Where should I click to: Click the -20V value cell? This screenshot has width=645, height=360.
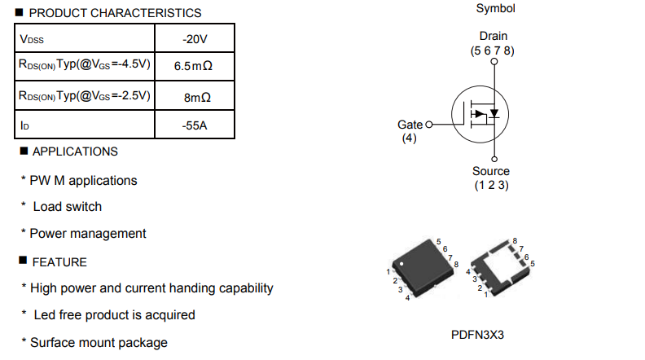coord(195,38)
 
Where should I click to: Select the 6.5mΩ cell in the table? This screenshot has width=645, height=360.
coord(193,66)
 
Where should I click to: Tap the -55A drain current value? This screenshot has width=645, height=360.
coord(195,125)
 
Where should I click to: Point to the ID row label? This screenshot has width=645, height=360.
coord(24,125)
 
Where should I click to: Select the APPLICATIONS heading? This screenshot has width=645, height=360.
coord(75,151)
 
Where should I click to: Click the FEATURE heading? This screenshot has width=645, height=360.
coord(59,262)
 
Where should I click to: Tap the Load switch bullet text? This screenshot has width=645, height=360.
coord(68,207)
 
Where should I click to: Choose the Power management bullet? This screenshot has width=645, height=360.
coord(88,234)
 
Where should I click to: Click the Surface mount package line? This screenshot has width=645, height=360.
coord(99,343)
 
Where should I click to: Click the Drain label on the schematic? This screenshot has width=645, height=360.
coord(494,36)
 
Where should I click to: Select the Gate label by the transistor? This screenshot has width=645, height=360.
coord(410,125)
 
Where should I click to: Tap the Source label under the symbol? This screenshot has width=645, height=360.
coord(491,171)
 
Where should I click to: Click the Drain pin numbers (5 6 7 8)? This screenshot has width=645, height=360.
coord(493,50)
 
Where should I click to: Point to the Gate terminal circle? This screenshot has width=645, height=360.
coord(428,125)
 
